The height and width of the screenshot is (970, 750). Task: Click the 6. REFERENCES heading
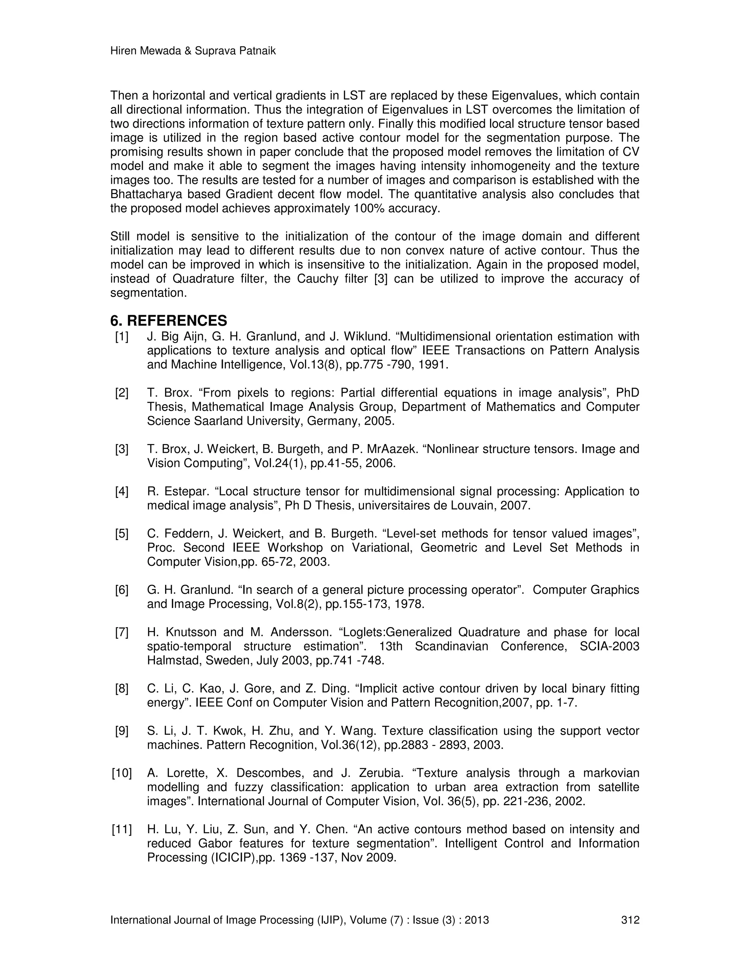(x=168, y=321)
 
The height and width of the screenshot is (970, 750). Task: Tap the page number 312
(x=630, y=920)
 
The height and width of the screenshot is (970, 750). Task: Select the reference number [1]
(x=122, y=337)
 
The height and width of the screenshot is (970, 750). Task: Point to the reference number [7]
(x=122, y=632)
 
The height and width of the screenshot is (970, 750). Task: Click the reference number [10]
(x=122, y=773)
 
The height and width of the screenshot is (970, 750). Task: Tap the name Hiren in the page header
(x=123, y=51)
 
